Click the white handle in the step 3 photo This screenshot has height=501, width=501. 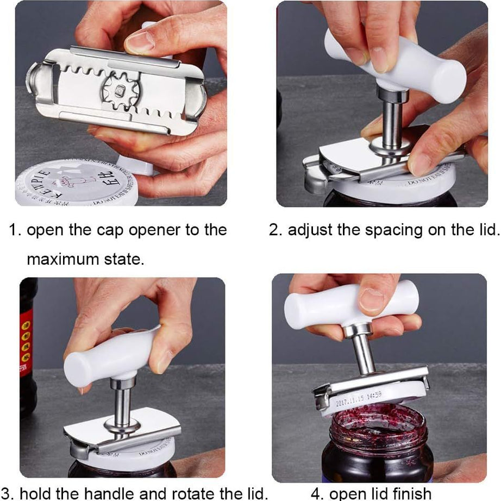pyautogui.click(x=111, y=359)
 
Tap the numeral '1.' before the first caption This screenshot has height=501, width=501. pyautogui.click(x=15, y=230)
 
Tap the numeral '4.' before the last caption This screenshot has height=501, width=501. pyautogui.click(x=318, y=493)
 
